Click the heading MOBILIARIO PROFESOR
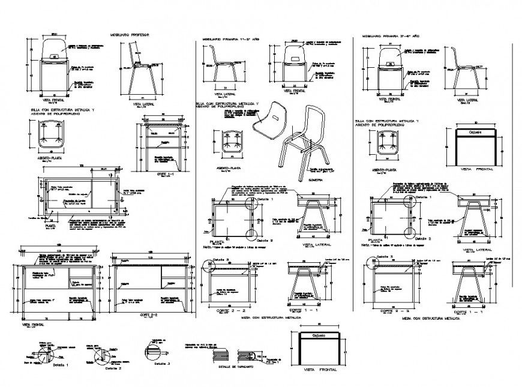(128, 35)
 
